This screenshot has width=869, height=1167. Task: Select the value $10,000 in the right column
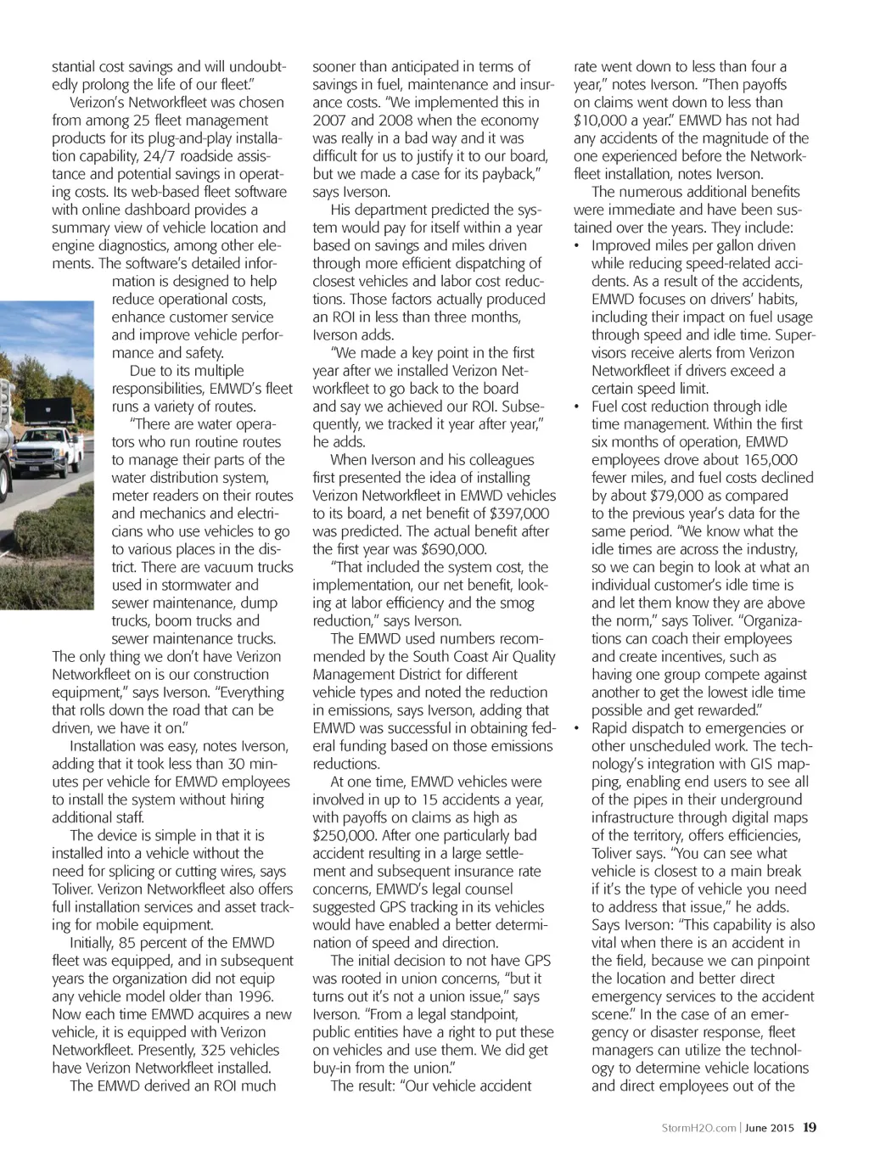(x=604, y=121)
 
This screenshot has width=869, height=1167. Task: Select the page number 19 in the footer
(x=810, y=1128)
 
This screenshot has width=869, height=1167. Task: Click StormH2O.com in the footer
(x=698, y=1129)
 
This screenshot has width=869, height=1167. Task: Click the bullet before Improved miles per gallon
(x=577, y=246)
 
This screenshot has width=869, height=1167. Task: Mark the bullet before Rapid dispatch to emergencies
(x=577, y=728)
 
